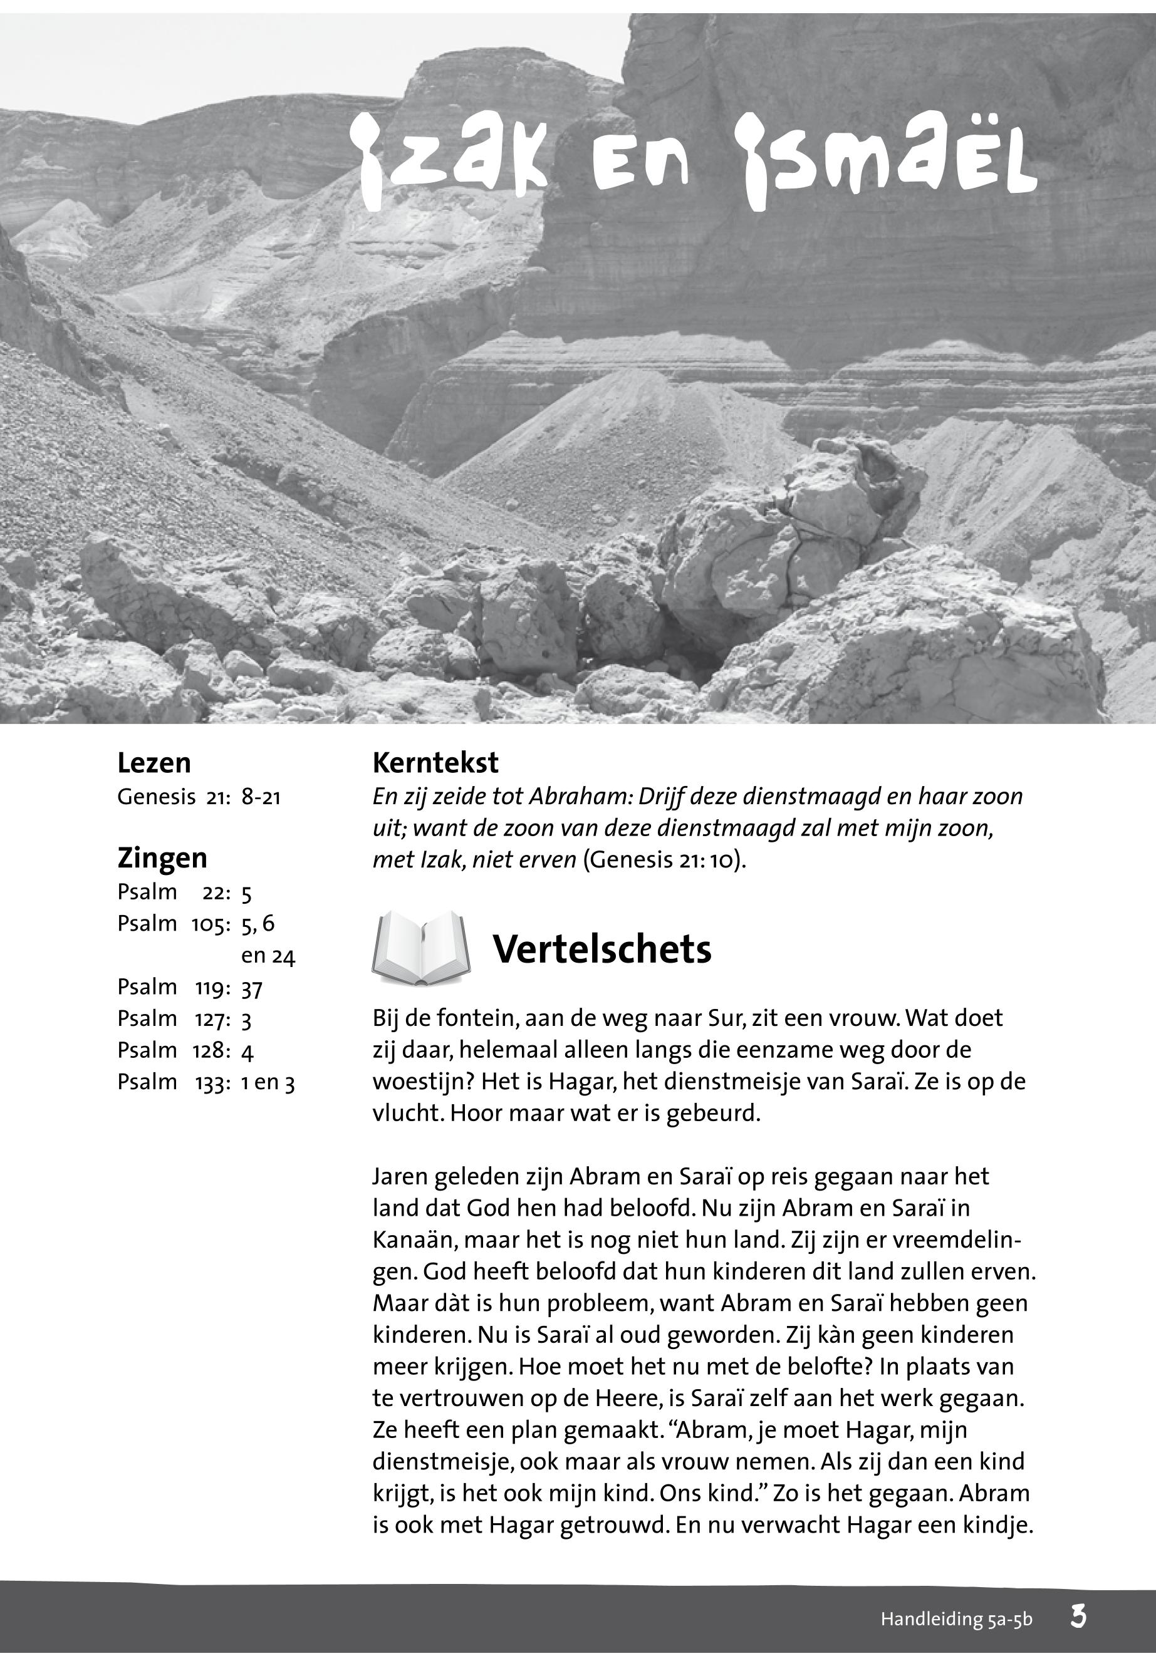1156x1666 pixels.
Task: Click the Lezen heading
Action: [x=154, y=763]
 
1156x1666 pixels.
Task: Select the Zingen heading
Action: [x=162, y=858]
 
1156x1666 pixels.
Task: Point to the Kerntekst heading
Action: [x=435, y=763]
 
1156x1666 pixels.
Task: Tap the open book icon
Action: [x=421, y=948]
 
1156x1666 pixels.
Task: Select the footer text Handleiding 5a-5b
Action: [x=956, y=1620]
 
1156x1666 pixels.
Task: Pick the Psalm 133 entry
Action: [x=206, y=1082]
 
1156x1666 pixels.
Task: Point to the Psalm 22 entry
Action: [x=184, y=892]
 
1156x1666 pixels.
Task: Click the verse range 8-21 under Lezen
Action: [x=261, y=798]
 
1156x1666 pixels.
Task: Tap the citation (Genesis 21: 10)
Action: [x=664, y=860]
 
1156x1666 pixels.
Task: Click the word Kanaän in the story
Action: [x=414, y=1240]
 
